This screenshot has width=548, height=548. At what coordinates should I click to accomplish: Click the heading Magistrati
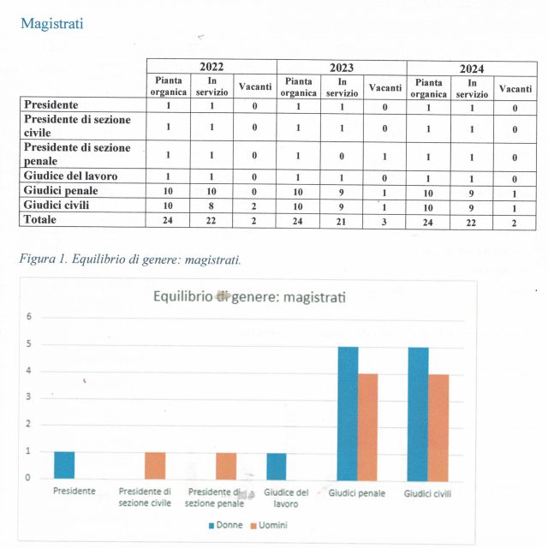[52, 23]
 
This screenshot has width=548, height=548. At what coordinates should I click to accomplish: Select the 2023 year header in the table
[341, 67]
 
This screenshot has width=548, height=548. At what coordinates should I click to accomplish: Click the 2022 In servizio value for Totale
[211, 220]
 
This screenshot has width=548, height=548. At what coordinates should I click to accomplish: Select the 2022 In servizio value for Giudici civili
[211, 205]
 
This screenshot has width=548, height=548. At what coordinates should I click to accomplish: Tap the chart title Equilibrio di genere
[238, 296]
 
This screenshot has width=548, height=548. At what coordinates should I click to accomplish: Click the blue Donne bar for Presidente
[64, 464]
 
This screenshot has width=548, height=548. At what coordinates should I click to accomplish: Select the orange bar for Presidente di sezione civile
[155, 465]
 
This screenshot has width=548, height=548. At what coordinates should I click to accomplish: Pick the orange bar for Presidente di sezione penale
[226, 465]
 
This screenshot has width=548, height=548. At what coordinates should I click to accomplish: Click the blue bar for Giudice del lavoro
[276, 465]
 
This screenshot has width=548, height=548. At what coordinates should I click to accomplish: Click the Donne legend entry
[224, 525]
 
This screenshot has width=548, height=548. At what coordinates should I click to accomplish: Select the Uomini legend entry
[269, 525]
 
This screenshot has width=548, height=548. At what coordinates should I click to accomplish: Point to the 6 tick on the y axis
[28, 317]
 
